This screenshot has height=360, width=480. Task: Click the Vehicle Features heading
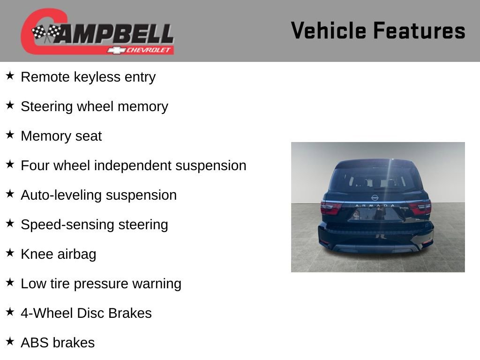[378, 30]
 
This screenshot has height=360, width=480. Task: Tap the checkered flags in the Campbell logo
[46, 33]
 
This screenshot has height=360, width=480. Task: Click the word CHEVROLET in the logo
[149, 50]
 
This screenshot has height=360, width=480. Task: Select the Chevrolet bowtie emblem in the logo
[117, 50]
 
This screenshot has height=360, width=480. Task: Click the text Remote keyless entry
[88, 77]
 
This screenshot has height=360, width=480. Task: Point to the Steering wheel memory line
[95, 106]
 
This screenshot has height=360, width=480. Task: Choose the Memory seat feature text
[61, 136]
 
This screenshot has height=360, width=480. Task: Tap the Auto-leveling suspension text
[99, 195]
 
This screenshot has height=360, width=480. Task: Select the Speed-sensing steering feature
[95, 225]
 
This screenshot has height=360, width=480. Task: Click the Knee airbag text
[59, 254]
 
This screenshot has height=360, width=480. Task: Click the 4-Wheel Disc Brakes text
[86, 313]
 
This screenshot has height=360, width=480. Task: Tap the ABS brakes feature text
[58, 343]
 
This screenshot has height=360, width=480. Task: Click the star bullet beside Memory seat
[10, 135]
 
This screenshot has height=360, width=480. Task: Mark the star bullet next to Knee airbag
[10, 253]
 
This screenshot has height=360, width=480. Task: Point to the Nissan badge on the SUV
[375, 198]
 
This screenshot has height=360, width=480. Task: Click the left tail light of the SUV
[330, 208]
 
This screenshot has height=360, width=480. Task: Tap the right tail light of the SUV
[420, 207]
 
